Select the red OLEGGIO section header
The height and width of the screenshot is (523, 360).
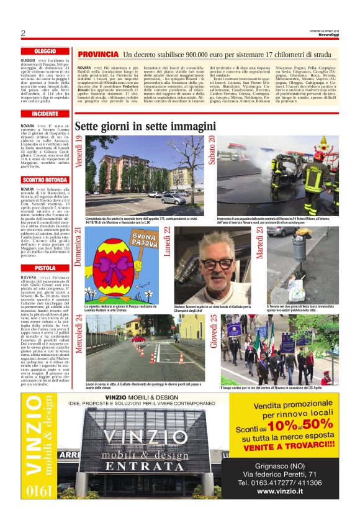tap(45, 51)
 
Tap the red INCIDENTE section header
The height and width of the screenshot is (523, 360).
tap(45, 114)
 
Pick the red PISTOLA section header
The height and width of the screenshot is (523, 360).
tap(45, 268)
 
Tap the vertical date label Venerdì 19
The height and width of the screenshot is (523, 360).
tap(79, 153)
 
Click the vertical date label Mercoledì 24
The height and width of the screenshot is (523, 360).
tap(79, 334)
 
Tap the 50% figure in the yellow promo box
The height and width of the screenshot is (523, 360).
tap(318, 424)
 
